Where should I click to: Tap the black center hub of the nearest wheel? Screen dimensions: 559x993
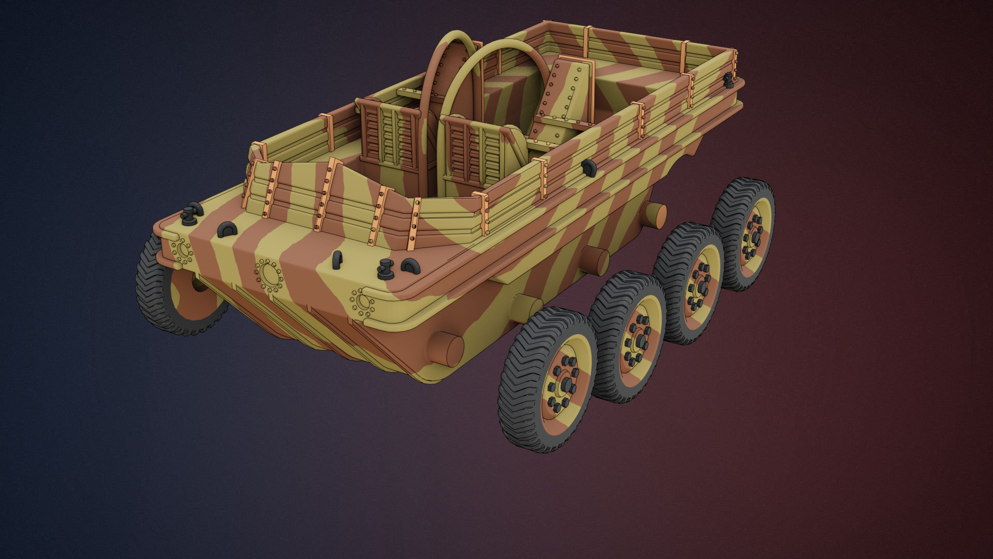[x=567, y=384]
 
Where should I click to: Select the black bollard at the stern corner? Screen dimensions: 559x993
[x=729, y=79]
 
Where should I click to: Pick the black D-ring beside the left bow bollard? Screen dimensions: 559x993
[x=227, y=229]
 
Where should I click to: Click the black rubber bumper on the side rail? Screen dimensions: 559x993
[x=589, y=167]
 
